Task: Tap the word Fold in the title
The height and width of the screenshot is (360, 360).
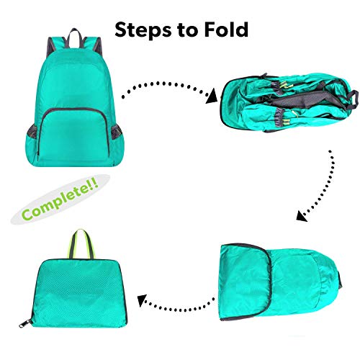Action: (226, 30)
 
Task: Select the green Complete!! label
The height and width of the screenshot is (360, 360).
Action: (60, 199)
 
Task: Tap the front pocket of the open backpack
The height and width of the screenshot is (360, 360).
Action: (74, 135)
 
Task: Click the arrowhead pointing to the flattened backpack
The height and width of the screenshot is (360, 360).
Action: (212, 96)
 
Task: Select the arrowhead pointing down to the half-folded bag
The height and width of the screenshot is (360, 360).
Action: (302, 215)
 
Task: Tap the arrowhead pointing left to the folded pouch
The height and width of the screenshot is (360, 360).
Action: (142, 300)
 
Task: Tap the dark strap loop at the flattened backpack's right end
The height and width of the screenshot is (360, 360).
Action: (354, 99)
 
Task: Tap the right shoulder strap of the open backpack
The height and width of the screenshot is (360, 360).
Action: (98, 46)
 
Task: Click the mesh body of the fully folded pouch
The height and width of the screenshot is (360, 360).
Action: (77, 293)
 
